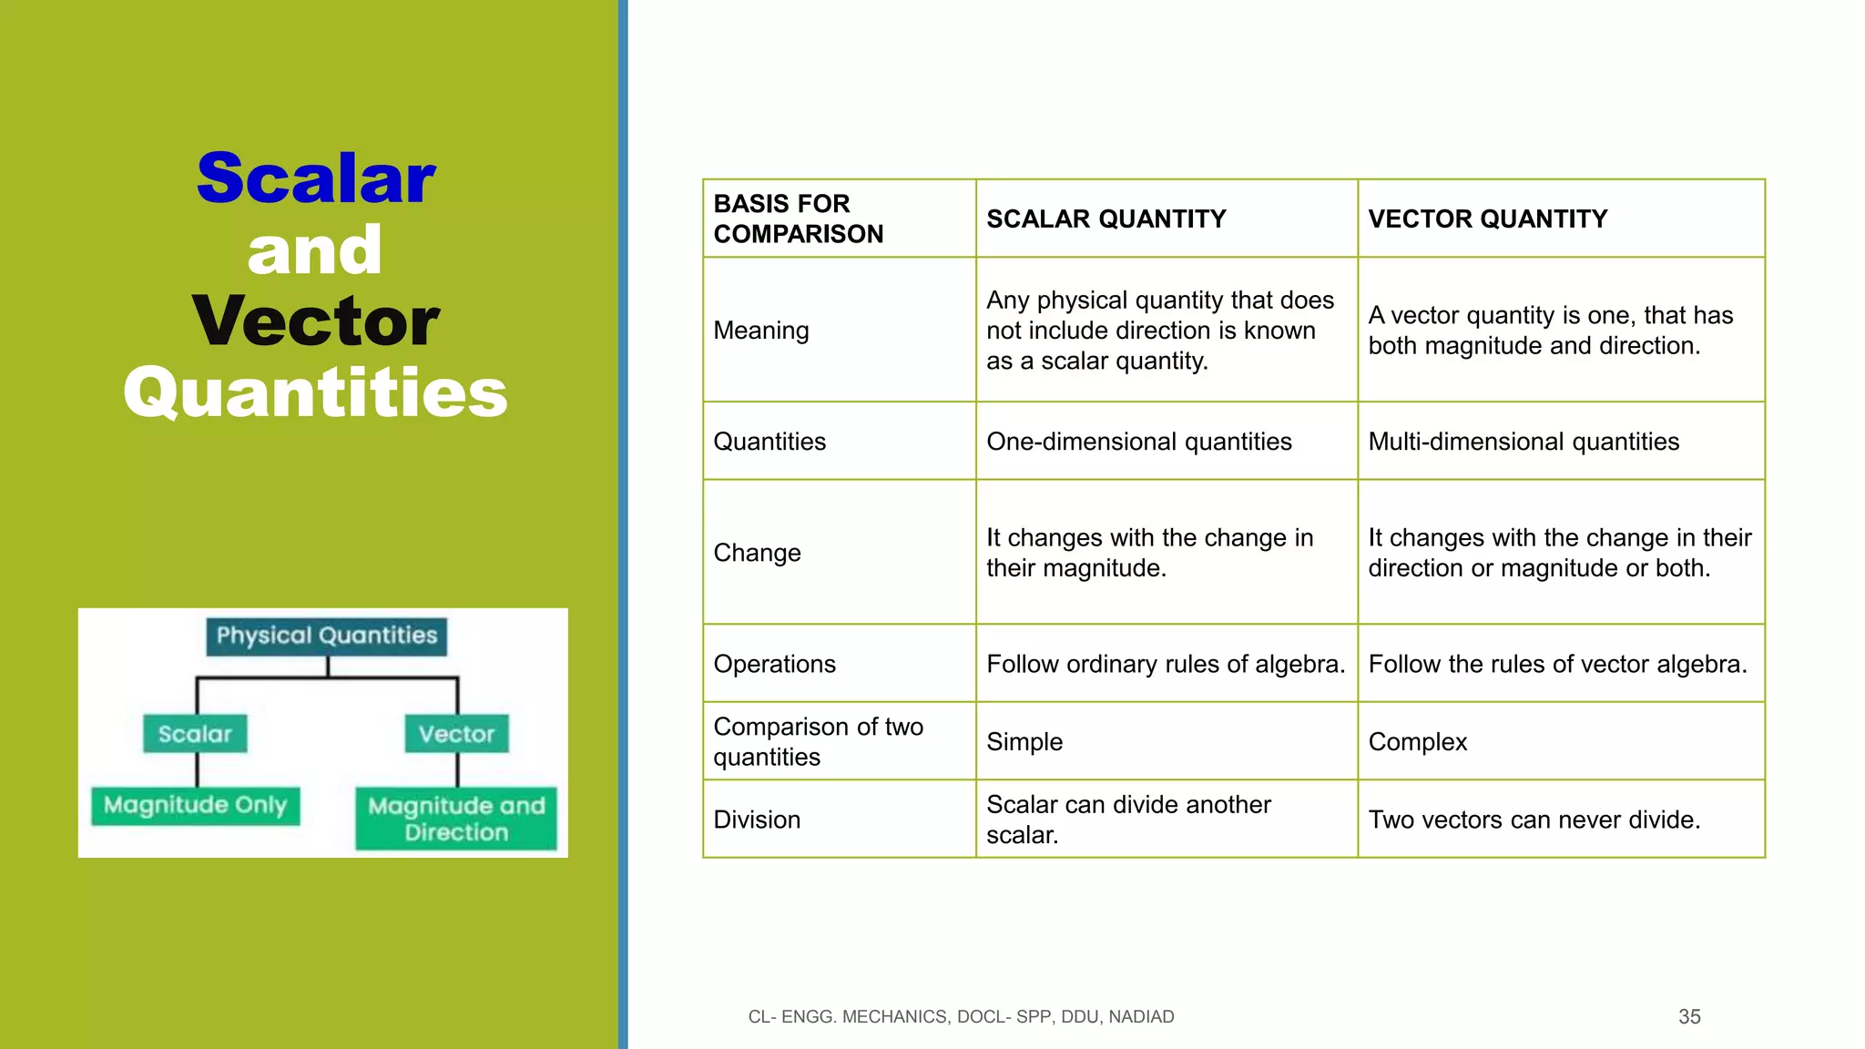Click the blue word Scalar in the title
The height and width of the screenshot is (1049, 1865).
pyautogui.click(x=316, y=178)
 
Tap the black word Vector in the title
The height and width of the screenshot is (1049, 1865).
pyautogui.click(x=316, y=321)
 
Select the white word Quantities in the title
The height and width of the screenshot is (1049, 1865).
pyautogui.click(x=315, y=392)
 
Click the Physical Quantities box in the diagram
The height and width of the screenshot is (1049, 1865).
pyautogui.click(x=327, y=636)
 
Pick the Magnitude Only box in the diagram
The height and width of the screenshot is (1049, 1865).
pyautogui.click(x=195, y=806)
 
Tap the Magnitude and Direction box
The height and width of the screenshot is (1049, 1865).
pyautogui.click(x=456, y=819)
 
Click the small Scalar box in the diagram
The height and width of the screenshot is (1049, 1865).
pyautogui.click(x=195, y=734)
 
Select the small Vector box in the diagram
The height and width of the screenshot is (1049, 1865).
pyautogui.click(x=456, y=734)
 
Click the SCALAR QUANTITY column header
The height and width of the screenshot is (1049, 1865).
pyautogui.click(x=1106, y=219)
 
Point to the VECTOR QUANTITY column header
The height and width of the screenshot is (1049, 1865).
pyautogui.click(x=1487, y=219)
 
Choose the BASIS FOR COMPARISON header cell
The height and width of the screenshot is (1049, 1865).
pyautogui.click(x=798, y=219)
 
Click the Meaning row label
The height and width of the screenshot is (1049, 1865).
pyautogui.click(x=760, y=331)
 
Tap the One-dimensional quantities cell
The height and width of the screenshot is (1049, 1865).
pyautogui.click(x=1138, y=442)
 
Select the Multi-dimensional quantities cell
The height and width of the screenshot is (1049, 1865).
pyautogui.click(x=1523, y=442)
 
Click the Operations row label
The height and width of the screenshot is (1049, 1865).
pyautogui.click(x=774, y=664)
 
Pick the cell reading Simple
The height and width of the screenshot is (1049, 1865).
pyautogui.click(x=1024, y=742)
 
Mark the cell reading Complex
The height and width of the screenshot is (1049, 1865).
pyautogui.click(x=1417, y=742)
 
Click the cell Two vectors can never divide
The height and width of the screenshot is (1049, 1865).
pyautogui.click(x=1534, y=820)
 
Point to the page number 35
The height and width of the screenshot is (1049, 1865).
pyautogui.click(x=1689, y=1017)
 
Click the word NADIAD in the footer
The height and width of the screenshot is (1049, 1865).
pyautogui.click(x=1140, y=1017)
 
